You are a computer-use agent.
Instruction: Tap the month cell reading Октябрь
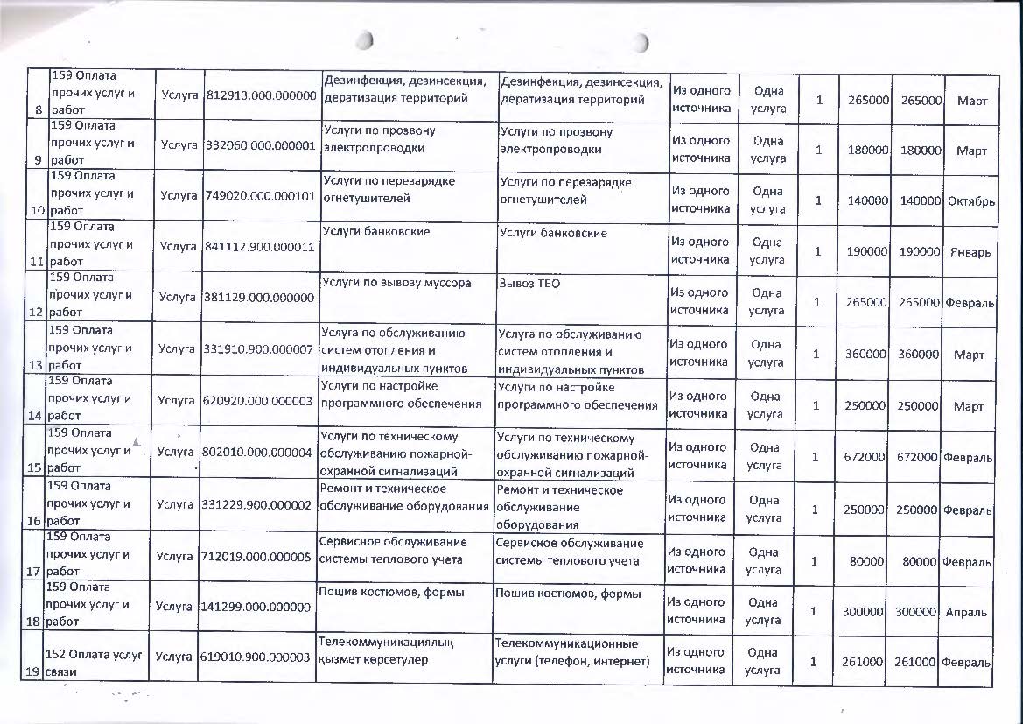[x=970, y=201]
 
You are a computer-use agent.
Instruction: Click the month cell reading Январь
[x=970, y=252]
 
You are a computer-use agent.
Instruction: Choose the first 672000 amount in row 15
[x=865, y=458]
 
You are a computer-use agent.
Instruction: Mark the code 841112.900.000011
[x=260, y=247]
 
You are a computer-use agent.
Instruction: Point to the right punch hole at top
[x=641, y=42]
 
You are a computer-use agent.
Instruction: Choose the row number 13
[x=35, y=365]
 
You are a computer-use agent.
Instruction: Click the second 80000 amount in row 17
[x=919, y=561]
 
